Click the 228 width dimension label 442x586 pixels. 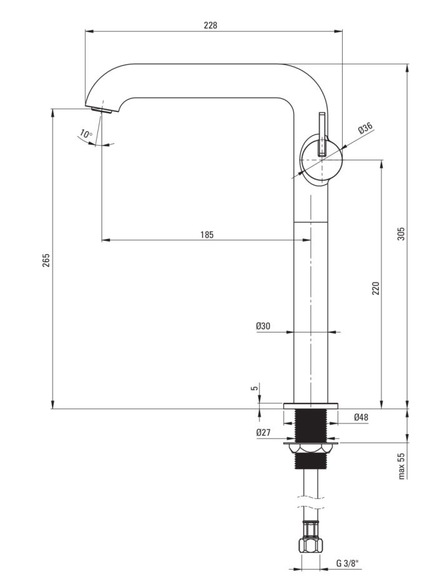click(x=210, y=26)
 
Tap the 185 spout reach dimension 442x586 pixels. click(x=207, y=235)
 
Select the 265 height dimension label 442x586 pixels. click(x=46, y=260)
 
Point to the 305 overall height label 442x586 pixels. click(x=401, y=233)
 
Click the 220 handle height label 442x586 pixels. click(x=375, y=288)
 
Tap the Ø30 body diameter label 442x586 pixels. click(x=263, y=326)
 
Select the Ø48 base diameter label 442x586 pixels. click(x=361, y=417)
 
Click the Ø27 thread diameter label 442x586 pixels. click(x=263, y=432)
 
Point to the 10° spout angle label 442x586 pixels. click(x=86, y=134)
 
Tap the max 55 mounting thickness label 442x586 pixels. click(x=401, y=466)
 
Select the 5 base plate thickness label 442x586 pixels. click(x=255, y=388)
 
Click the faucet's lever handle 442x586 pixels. click(x=322, y=134)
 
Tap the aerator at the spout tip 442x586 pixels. click(x=102, y=109)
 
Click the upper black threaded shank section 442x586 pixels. click(x=311, y=425)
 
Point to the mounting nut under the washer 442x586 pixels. click(x=311, y=448)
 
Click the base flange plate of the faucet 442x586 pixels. click(x=310, y=405)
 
